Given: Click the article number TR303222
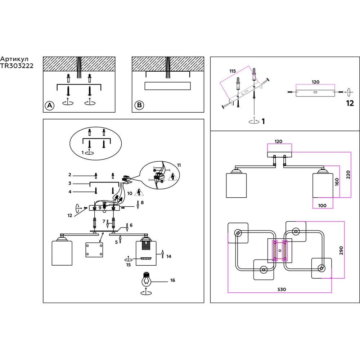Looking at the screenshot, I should pyautogui.click(x=17, y=66).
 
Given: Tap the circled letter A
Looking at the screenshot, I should pyautogui.click(x=49, y=105).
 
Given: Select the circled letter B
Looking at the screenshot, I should pyautogui.click(x=139, y=105).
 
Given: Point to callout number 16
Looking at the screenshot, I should pyautogui.click(x=172, y=280).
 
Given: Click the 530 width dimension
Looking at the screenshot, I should pyautogui.click(x=282, y=289).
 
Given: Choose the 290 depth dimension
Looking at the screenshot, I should pyautogui.click(x=341, y=251).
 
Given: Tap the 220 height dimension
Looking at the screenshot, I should pyautogui.click(x=348, y=175).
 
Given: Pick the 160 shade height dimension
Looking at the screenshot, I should pyautogui.click(x=337, y=182).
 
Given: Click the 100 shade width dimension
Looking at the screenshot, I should pyautogui.click(x=322, y=205).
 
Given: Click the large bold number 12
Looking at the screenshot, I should pyautogui.click(x=350, y=103).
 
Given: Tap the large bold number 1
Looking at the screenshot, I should pyautogui.click(x=263, y=121).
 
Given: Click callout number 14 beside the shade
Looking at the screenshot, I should pyautogui.click(x=168, y=256).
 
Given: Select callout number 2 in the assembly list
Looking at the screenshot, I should pyautogui.click(x=69, y=175).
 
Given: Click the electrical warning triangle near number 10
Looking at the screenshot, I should pyautogui.click(x=138, y=193).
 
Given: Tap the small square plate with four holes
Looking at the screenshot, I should pyautogui.click(x=94, y=250).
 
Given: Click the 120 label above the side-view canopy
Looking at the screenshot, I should pyautogui.click(x=278, y=141).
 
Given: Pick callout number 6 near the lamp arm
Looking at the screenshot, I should pyautogui.click(x=131, y=225).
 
